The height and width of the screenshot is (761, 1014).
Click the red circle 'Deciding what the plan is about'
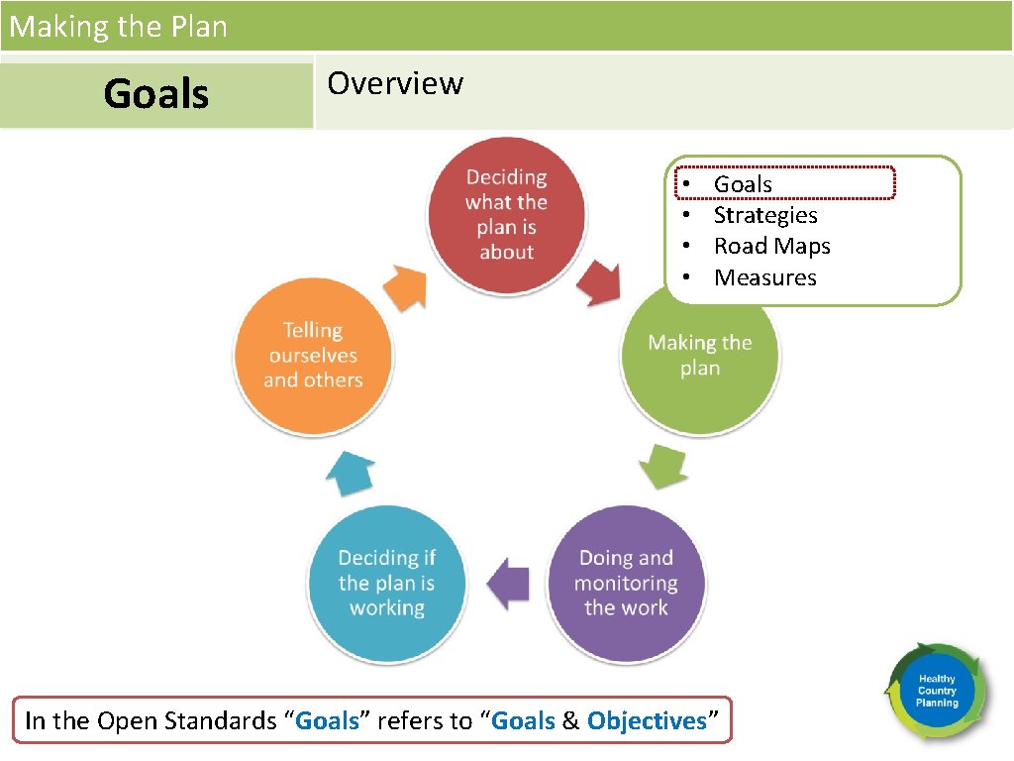506,215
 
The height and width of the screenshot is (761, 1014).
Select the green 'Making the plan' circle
700,355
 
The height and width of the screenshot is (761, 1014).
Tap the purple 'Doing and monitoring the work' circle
626,584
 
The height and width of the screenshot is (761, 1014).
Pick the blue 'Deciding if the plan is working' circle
387,584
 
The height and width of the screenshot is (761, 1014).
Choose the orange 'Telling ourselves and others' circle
313,355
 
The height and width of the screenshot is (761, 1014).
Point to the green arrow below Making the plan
662,465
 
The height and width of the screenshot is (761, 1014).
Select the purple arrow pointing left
510,584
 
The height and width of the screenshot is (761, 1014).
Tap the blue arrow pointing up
351,474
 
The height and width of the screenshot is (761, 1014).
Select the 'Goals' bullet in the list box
743,184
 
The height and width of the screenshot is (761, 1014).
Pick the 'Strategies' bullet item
765,215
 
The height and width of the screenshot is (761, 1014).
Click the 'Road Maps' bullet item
771,246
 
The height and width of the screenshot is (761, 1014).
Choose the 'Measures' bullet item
764,277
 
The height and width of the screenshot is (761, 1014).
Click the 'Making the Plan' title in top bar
119,26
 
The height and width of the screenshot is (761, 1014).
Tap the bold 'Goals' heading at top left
156,94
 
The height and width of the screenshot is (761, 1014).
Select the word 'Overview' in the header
395,83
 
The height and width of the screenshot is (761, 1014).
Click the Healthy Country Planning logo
936,691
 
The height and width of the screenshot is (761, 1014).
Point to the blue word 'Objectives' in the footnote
647,720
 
